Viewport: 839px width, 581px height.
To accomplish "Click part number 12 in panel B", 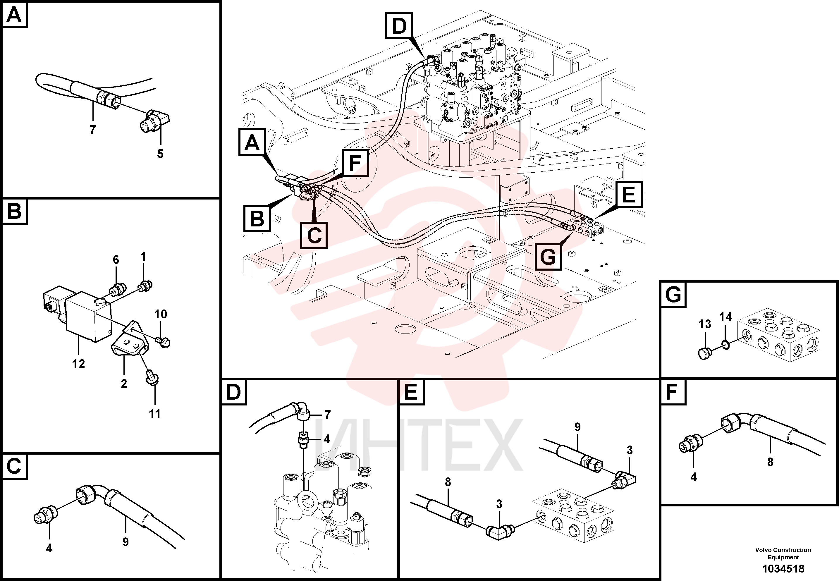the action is [x=79, y=364].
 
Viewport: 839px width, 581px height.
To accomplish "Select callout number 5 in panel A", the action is [x=160, y=154].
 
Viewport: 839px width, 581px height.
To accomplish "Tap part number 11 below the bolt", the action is [x=155, y=414].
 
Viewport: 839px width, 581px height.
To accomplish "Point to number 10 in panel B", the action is [x=161, y=314].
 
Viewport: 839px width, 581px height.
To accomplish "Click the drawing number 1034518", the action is [x=783, y=569].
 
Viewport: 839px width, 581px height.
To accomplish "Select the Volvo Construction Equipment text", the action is [x=783, y=553].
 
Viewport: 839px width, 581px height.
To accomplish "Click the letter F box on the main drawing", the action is [x=355, y=163].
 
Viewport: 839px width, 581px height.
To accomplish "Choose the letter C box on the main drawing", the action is [x=314, y=235].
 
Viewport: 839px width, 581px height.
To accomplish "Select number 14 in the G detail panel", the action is [x=725, y=317].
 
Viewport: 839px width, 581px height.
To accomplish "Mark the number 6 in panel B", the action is [x=116, y=259].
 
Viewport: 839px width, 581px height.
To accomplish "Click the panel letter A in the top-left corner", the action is [x=14, y=15].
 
